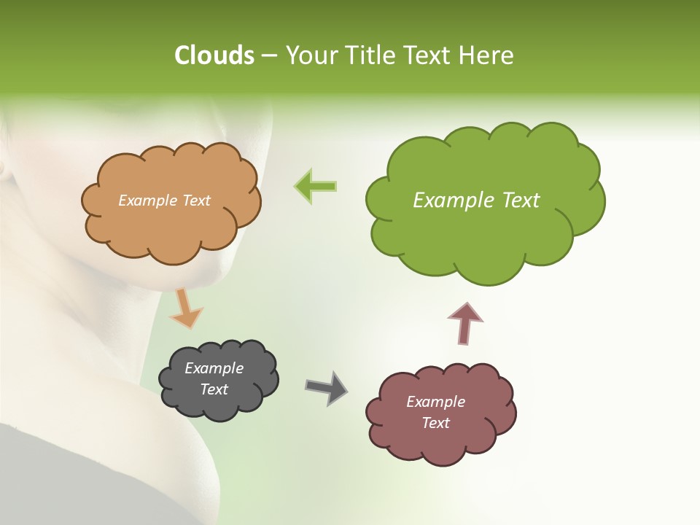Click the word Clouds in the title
click(x=214, y=55)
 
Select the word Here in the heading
click(x=487, y=55)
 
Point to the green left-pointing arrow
click(x=315, y=187)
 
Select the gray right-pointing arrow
click(x=326, y=388)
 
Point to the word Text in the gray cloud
click(x=214, y=389)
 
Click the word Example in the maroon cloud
click(x=435, y=402)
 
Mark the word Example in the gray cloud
click(x=214, y=368)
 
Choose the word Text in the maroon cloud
click(x=435, y=423)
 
